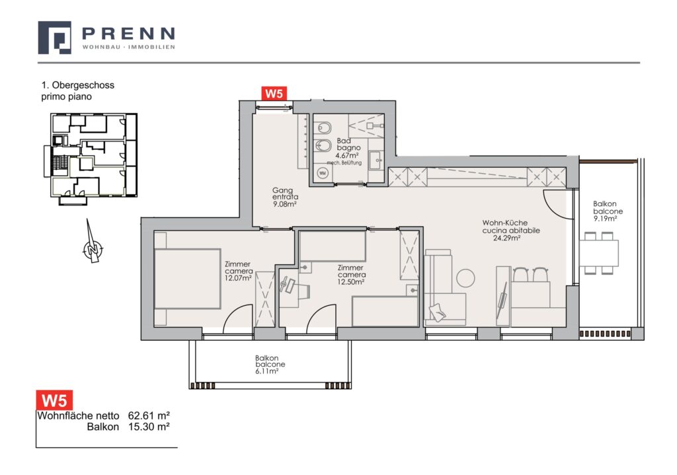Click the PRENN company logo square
[x=54, y=38]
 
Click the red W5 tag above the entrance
[x=274, y=94]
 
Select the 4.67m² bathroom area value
[x=348, y=155]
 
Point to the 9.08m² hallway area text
[x=285, y=204]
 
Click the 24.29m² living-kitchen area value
[x=507, y=237]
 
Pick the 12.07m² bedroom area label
[x=238, y=278]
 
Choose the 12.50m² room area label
[x=351, y=281]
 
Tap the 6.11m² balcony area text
[x=266, y=371]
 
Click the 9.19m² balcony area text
[x=605, y=218]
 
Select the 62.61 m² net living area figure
[x=149, y=416]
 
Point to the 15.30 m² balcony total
[x=149, y=427]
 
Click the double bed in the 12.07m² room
[x=187, y=279]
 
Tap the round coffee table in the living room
[x=465, y=278]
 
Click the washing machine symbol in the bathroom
[x=322, y=173]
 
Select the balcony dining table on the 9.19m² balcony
[x=599, y=253]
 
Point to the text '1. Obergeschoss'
[x=78, y=85]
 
